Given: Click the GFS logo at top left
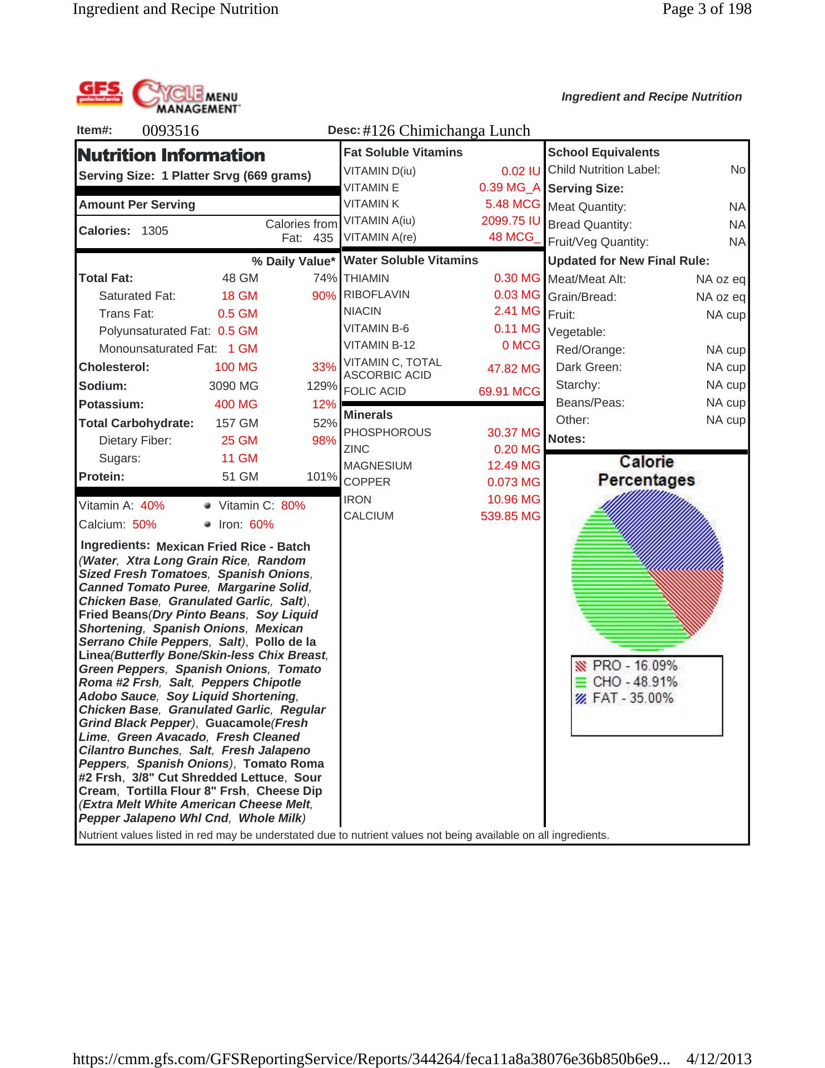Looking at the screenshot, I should (x=100, y=92).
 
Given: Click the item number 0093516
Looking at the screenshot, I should (x=170, y=131).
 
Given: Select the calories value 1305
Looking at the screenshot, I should (x=155, y=231).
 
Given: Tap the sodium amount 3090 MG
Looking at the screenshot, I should (x=233, y=386).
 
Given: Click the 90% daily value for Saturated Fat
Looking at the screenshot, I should (x=324, y=296).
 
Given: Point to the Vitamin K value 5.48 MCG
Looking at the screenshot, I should (x=513, y=204).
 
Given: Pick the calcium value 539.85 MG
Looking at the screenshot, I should (x=510, y=516).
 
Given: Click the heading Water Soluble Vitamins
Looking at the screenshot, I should (x=411, y=260).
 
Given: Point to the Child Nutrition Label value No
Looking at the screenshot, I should (x=738, y=170).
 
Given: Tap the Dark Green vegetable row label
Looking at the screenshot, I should (x=589, y=367).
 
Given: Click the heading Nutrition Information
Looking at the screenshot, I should (x=172, y=155).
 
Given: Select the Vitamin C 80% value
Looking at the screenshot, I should (x=293, y=506).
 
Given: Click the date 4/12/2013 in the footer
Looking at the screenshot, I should (x=719, y=1059).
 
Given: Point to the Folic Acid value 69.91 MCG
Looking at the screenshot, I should (x=509, y=392).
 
